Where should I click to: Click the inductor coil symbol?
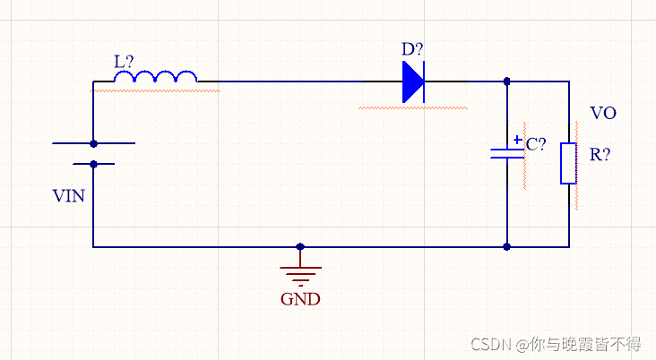(156, 79)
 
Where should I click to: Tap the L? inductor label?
(125, 62)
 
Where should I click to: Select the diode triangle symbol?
(413, 82)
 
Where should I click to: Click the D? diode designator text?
(412, 49)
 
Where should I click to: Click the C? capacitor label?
(536, 144)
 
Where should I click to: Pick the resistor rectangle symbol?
(568, 163)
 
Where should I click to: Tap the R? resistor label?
(600, 154)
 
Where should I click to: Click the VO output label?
(603, 114)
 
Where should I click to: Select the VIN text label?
(69, 195)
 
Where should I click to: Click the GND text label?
(300, 299)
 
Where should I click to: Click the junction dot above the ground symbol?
(300, 246)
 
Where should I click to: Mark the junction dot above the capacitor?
(507, 81)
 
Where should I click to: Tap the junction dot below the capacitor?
(507, 246)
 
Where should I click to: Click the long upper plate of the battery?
(93, 143)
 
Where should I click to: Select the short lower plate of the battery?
(93, 164)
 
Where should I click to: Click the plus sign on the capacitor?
(517, 141)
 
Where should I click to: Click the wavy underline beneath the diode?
(413, 108)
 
